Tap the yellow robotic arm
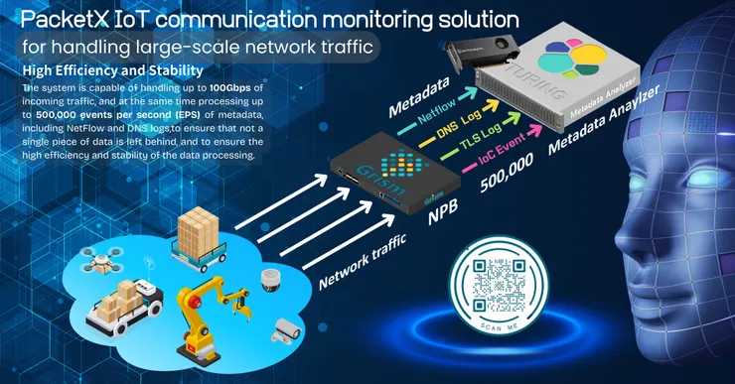[205, 307]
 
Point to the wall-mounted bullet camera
[287, 325]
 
